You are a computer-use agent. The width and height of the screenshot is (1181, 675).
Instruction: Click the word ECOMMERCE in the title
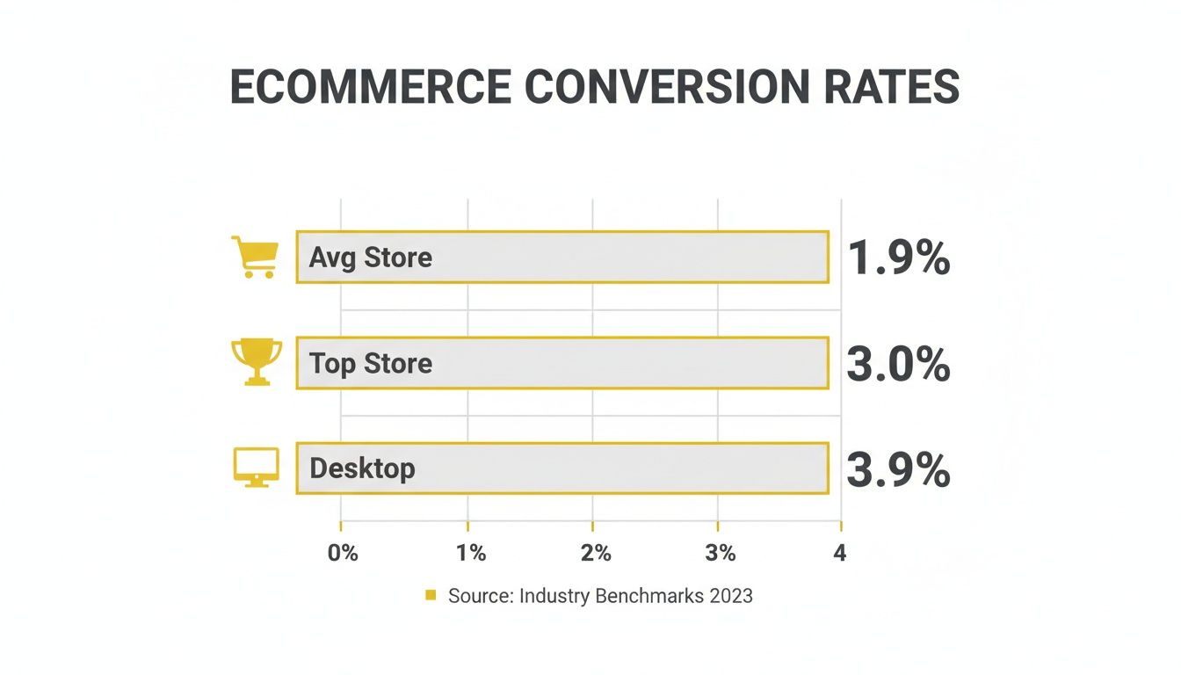pos(370,87)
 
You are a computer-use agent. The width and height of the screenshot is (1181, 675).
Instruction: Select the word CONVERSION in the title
pos(665,87)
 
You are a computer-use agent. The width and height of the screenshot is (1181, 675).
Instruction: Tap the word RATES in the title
pos(887,87)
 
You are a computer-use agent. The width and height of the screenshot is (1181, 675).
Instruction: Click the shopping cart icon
pos(255,257)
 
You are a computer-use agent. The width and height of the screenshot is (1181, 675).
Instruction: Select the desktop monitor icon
pos(256,468)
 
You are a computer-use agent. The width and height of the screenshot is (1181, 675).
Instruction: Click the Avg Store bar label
pos(370,258)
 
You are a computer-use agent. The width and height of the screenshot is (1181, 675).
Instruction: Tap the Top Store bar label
pos(370,363)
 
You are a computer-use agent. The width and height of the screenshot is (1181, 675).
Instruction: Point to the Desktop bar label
pos(362,468)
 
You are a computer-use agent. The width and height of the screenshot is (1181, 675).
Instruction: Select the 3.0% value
pos(898,364)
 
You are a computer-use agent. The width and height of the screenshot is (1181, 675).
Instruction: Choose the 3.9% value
pos(898,470)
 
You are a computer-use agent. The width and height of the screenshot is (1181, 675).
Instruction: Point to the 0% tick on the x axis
pos(343,553)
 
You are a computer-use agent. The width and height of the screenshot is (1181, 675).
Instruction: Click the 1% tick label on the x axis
pos(471,553)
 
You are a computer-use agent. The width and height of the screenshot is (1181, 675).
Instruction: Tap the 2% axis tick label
pos(596,553)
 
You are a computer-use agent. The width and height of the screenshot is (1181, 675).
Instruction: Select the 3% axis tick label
pos(721,553)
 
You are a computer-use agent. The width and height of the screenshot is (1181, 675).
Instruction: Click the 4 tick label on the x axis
pos(839,553)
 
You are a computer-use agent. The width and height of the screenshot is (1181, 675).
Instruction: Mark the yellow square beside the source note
pos(431,596)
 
